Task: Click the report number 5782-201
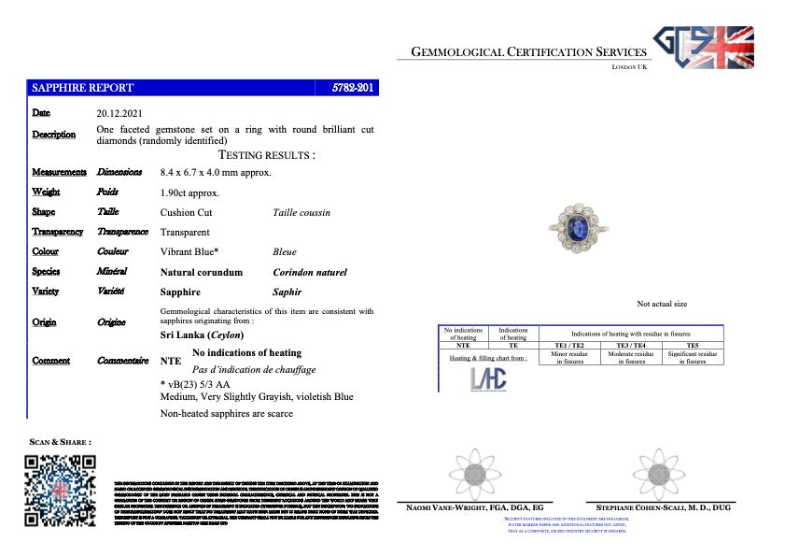(354, 88)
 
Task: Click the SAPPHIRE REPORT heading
(83, 88)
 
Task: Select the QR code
(60, 490)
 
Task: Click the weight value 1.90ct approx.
(190, 192)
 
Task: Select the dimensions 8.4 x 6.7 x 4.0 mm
(217, 172)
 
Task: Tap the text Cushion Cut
(187, 212)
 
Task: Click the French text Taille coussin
(301, 212)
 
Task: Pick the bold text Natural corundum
(202, 272)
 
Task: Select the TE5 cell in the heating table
(692, 345)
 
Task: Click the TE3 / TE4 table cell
(631, 345)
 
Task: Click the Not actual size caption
(662, 304)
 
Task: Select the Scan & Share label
(61, 441)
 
